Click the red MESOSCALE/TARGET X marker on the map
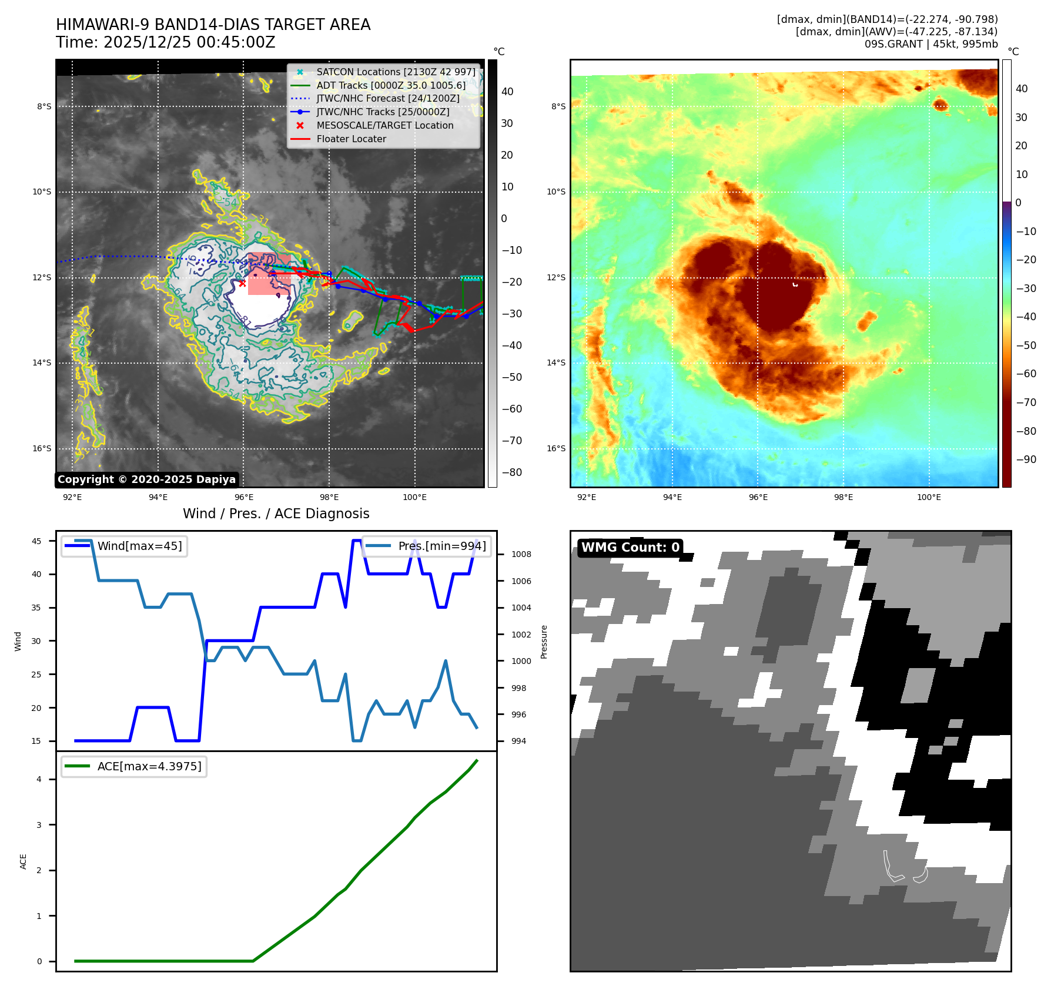click(242, 283)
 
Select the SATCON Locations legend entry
click(396, 72)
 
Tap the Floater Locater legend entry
click(351, 139)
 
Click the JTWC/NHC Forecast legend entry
click(387, 98)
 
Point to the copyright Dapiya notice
click(146, 479)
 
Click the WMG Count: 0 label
click(630, 547)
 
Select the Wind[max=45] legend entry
click(139, 546)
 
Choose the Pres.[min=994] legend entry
click(441, 546)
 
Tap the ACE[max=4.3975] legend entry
click(149, 766)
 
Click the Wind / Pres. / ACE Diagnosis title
click(276, 514)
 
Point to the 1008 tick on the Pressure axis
click(521, 554)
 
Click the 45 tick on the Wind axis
click(36, 541)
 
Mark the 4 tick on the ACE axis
click(39, 779)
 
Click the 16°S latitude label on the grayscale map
click(42, 448)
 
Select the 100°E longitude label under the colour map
click(929, 497)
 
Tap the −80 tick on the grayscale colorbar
click(511, 472)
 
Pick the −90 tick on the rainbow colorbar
click(1026, 459)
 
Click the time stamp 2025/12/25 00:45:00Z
click(189, 42)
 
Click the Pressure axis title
click(544, 642)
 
